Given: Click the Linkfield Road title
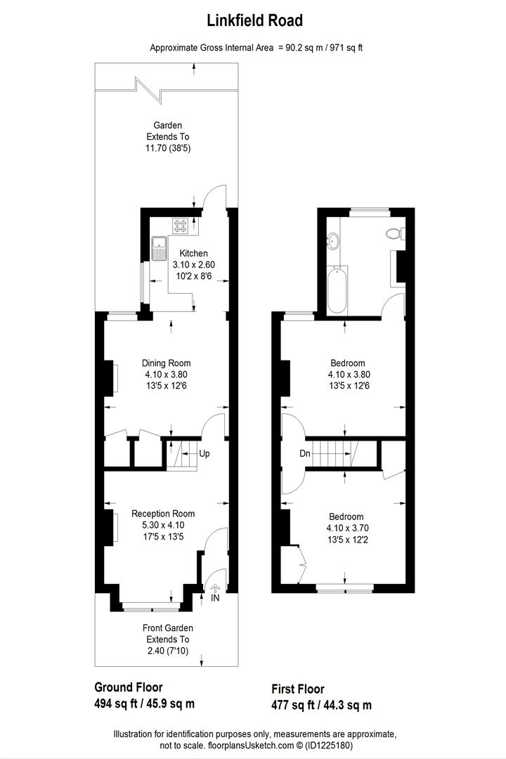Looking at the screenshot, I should [254, 21].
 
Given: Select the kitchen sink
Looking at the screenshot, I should [159, 247].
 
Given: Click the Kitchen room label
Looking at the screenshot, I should [193, 254].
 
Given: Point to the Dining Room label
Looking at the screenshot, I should [167, 363].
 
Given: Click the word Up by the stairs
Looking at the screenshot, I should [205, 454].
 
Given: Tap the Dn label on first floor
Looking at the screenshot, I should [304, 454].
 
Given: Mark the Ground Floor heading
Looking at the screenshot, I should [129, 687].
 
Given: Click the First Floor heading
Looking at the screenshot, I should [298, 689].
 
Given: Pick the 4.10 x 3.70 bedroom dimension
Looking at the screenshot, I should [345, 528].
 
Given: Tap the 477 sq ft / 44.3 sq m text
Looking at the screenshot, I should [321, 705].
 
